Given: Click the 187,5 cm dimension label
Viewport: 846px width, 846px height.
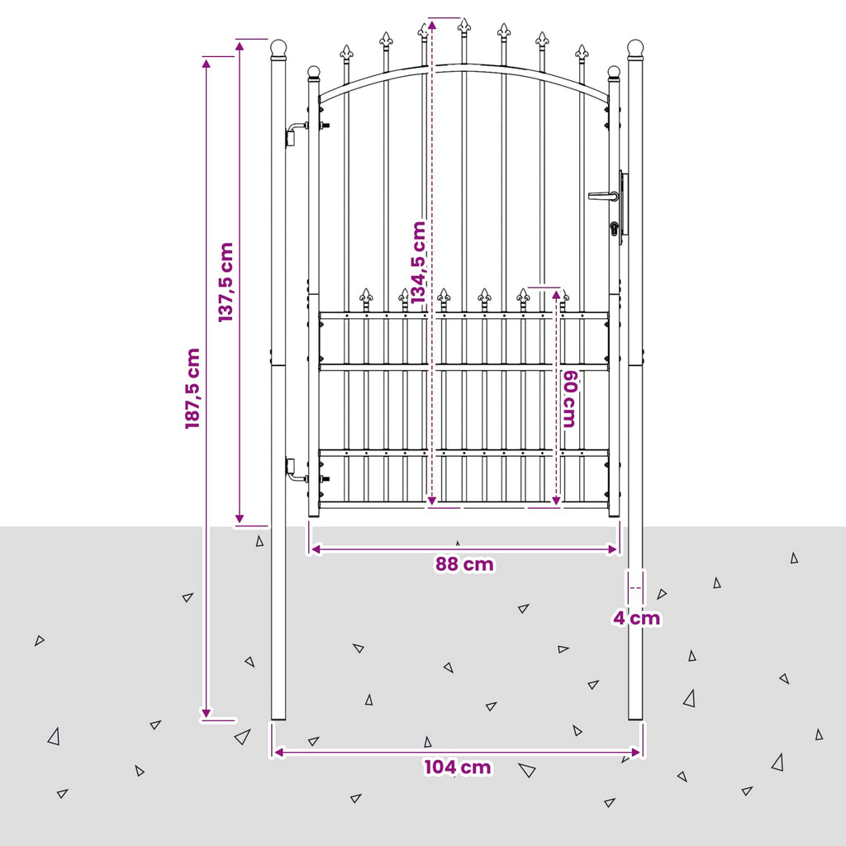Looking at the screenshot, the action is pos(192,388).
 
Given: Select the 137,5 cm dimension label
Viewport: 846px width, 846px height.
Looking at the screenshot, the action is pos(226,283).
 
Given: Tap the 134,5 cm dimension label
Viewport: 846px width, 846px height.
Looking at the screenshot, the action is pos(419,262).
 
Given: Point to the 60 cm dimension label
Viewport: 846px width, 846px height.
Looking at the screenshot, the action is pos(570,399).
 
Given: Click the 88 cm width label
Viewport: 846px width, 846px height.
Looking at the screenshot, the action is pos(464,564).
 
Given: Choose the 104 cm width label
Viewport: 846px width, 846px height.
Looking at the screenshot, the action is pos(458,768).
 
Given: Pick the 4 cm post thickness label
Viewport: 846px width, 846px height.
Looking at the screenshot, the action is pos(637,618).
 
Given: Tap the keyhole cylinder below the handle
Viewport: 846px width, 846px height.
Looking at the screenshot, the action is pos(615,229).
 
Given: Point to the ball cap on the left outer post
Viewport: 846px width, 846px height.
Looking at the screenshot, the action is pos(278,49).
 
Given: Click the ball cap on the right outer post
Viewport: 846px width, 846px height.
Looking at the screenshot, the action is pos(635,49).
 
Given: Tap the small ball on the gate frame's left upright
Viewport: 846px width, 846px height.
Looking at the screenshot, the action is pos(313,73).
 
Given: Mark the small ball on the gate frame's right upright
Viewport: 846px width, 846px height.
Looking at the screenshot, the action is pos(614,73).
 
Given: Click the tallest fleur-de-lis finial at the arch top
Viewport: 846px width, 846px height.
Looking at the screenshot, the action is pos(464,26).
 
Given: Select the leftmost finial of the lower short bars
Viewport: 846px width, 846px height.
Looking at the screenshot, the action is pos(366,296).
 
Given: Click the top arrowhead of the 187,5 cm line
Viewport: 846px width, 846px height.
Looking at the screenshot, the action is pos(206,63).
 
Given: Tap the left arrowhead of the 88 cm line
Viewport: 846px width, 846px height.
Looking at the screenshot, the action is pos(316,549).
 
